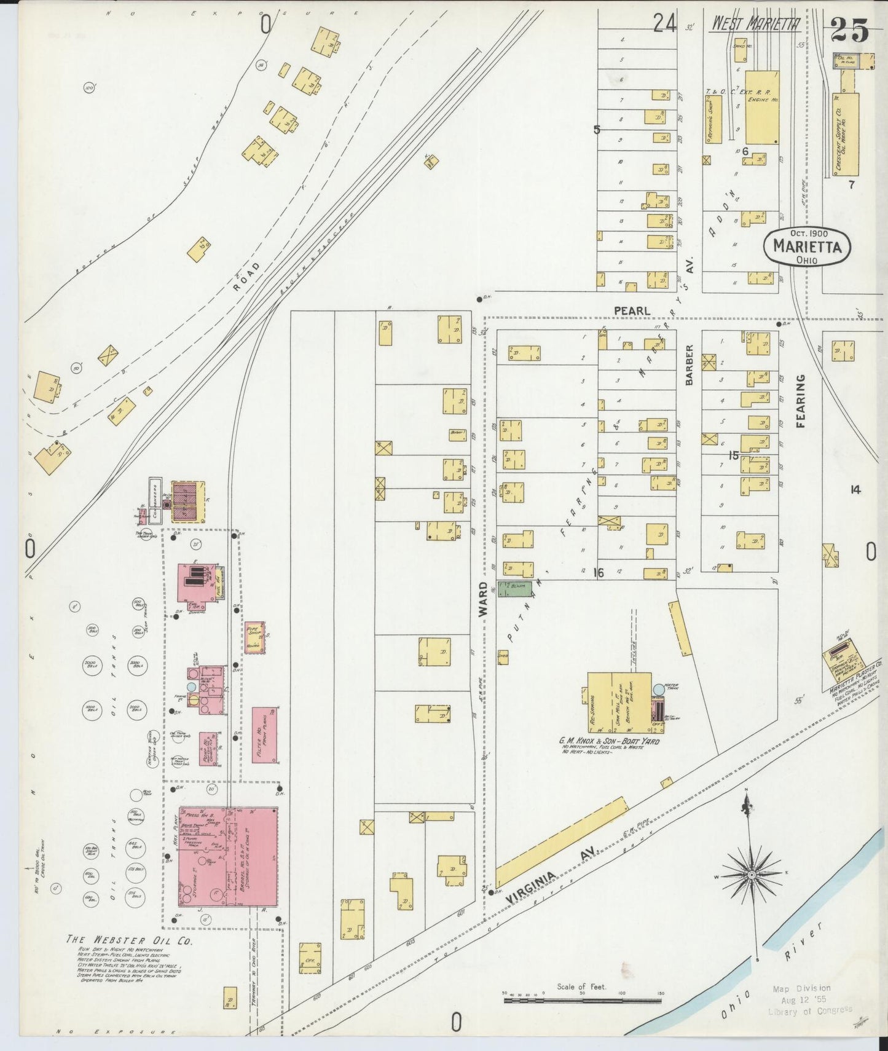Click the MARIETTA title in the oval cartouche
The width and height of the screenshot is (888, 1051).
pos(807,246)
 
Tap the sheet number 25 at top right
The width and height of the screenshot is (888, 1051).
pos(850,29)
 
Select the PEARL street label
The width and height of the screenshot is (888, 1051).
pos(631,312)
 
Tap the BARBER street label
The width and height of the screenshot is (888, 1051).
pos(689,365)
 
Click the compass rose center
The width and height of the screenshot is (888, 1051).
pos(751,875)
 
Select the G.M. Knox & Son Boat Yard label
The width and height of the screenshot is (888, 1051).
pos(608,741)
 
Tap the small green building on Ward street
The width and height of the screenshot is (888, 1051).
pos(515,588)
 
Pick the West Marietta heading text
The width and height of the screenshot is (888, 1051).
pos(755,25)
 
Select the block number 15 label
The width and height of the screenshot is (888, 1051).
pos(733,455)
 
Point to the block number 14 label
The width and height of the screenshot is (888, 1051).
pos(854,489)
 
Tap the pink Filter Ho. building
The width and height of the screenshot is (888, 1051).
pos(264,735)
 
